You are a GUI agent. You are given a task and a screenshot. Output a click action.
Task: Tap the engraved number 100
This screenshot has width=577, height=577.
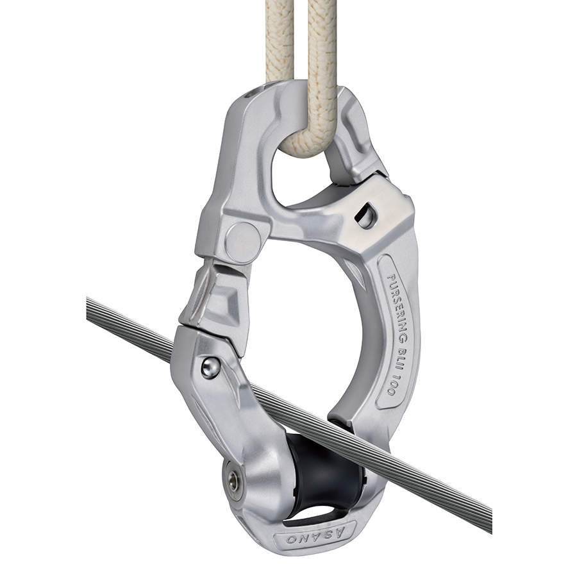pyautogui.click(x=391, y=385)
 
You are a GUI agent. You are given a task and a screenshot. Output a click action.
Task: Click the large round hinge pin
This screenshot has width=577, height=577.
pyautogui.click(x=243, y=241)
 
